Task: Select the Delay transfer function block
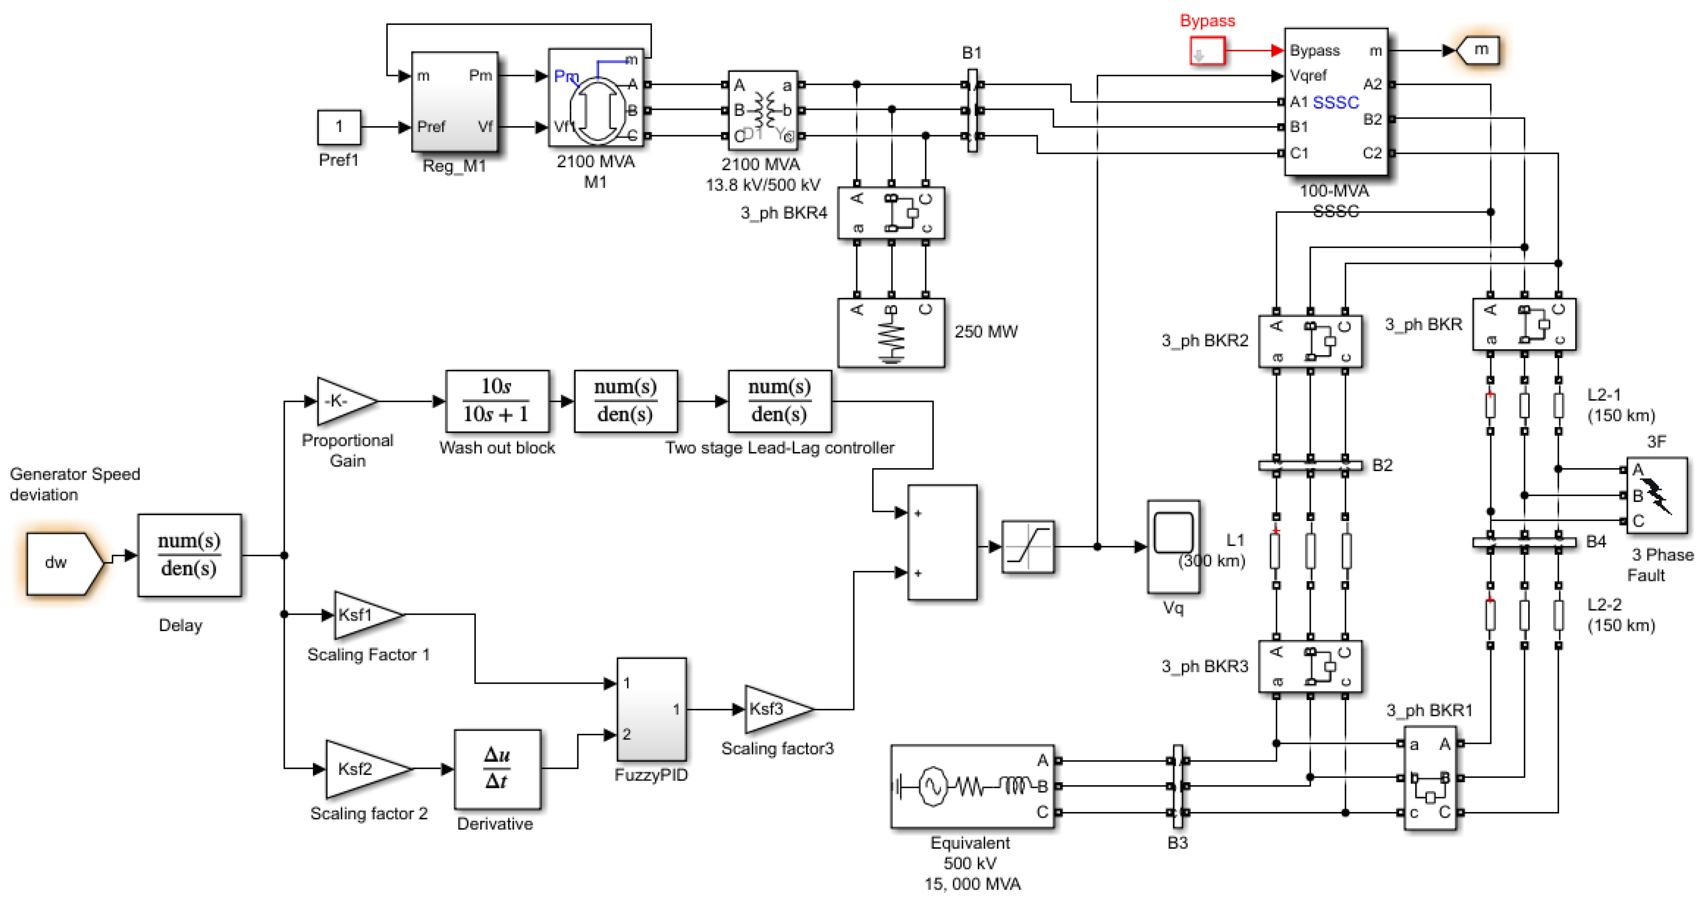pos(190,555)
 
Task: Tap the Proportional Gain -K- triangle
pos(344,401)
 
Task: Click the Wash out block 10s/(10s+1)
pos(497,401)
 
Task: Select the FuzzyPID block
pos(651,709)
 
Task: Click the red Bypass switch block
pos(1207,51)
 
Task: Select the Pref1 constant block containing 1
pos(339,127)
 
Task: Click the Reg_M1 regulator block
pos(454,101)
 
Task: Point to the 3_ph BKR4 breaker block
pos(891,212)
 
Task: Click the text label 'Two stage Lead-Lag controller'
pos(779,448)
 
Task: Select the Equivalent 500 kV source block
pos(972,786)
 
